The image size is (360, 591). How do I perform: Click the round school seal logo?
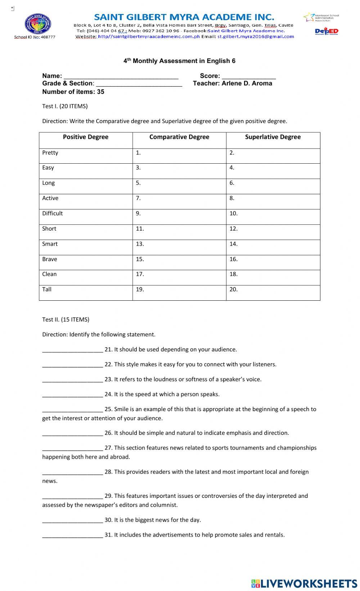pos(37,24)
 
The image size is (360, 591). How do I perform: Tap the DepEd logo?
pos(327,31)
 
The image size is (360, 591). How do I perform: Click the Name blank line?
pos(121,77)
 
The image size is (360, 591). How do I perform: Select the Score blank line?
pos(249,77)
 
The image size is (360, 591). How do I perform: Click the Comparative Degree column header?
pos(179,137)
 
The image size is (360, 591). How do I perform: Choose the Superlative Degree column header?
pos(273,137)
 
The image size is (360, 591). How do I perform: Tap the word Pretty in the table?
pos(50,153)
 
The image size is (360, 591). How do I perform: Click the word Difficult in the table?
pos(53,213)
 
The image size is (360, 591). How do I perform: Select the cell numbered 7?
pos(179,201)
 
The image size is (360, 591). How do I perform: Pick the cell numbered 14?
pos(273,247)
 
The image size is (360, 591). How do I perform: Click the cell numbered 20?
pos(273,293)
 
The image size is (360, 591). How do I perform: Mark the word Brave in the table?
pos(50,259)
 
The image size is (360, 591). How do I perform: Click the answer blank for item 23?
pos(72,380)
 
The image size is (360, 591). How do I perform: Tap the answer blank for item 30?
pos(72,520)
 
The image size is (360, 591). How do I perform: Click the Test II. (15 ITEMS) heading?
pos(66,319)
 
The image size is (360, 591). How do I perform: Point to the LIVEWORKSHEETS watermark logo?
pos(304,583)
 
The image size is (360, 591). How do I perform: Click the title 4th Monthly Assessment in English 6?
pos(179,61)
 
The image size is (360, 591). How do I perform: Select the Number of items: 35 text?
pos(73,92)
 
